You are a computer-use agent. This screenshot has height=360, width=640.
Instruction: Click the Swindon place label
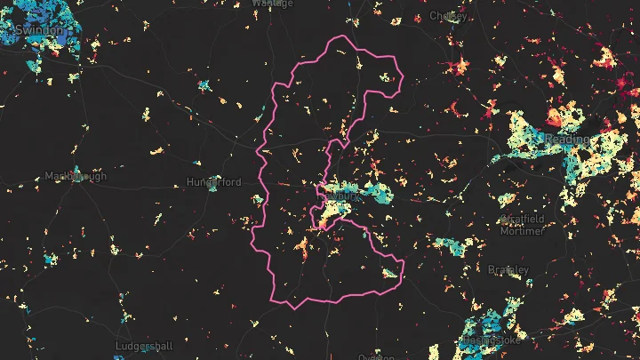(39, 30)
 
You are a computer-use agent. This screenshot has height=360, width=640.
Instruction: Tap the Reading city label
(567, 140)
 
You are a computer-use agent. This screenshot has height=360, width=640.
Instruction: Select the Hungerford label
(214, 182)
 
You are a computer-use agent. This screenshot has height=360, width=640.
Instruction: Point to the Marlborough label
(75, 176)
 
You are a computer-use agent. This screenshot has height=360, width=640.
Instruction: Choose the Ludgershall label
(144, 345)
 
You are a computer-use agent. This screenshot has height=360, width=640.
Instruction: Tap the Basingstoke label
(491, 340)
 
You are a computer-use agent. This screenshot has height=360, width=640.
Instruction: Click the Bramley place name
(508, 269)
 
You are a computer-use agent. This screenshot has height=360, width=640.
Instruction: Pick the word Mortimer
(523, 231)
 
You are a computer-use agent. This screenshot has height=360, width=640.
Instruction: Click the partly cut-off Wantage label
(272, 4)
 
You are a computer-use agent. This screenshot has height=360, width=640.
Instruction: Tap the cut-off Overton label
(376, 356)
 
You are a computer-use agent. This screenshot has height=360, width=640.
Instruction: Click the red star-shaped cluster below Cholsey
(460, 66)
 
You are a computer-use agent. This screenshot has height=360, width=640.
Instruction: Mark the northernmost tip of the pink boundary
(339, 36)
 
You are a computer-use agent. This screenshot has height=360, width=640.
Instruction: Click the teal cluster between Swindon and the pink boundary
(204, 86)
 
